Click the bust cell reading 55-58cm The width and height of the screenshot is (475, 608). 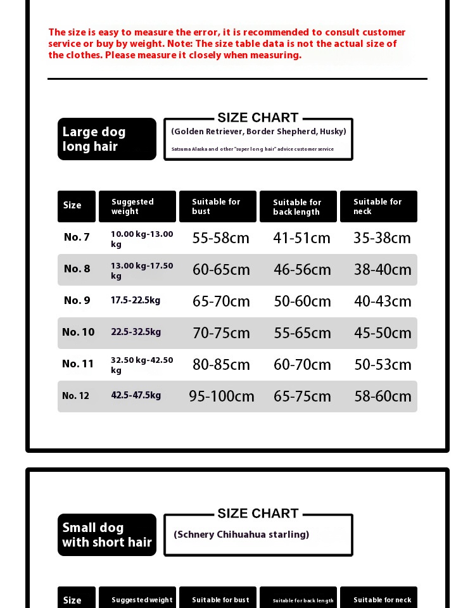[x=221, y=238]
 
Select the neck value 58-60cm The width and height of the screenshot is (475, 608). [x=383, y=396]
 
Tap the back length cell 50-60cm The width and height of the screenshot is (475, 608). [x=302, y=301]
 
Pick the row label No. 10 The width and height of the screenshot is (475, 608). [x=78, y=332]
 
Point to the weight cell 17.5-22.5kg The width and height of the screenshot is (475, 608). [x=136, y=300]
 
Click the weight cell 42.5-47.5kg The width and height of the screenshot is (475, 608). [x=136, y=395]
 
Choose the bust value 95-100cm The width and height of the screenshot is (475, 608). [x=222, y=396]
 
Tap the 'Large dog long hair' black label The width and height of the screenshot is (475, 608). [x=106, y=139]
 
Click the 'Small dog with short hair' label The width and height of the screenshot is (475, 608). [x=106, y=535]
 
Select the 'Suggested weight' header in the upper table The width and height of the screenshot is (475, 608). [x=137, y=206]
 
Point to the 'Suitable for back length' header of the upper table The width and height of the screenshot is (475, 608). [x=298, y=207]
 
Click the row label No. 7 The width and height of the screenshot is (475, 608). [x=77, y=237]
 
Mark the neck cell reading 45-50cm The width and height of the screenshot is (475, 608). [x=383, y=333]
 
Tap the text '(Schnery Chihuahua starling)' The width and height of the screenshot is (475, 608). [x=241, y=535]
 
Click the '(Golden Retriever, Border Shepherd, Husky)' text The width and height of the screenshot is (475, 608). [x=258, y=132]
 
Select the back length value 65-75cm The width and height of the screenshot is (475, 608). [x=302, y=396]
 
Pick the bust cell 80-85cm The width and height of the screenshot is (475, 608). [x=221, y=365]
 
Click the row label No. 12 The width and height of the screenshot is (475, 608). [x=75, y=396]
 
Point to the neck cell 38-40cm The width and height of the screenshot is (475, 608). [x=383, y=270]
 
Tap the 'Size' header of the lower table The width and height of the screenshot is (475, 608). [x=72, y=600]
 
